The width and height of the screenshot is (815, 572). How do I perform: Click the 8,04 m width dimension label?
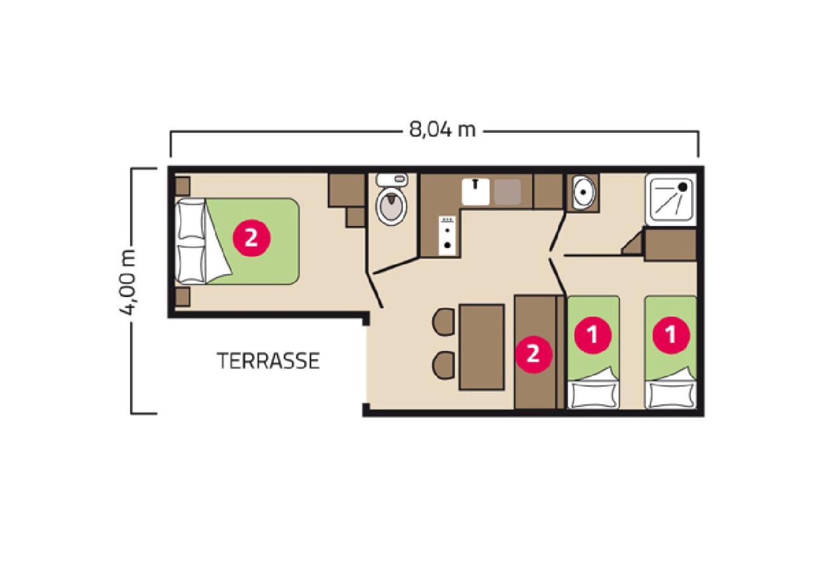(442, 130)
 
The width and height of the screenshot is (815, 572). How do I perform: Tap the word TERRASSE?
(269, 361)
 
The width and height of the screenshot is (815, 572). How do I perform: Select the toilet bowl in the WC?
(391, 206)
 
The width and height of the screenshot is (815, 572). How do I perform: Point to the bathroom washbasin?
(583, 192)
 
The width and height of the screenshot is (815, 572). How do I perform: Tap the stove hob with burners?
(447, 236)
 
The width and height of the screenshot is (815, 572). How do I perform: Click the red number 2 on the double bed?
(252, 238)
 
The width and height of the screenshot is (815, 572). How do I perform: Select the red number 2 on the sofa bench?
(534, 354)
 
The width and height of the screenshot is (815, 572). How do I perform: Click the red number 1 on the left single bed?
(593, 335)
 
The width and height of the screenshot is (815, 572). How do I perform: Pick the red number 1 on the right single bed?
(671, 335)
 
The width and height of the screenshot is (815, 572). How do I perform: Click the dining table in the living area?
(482, 347)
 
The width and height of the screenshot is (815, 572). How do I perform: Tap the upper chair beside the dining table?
(444, 321)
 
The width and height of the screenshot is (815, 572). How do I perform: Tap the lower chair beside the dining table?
(444, 365)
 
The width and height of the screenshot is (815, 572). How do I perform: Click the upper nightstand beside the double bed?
(182, 186)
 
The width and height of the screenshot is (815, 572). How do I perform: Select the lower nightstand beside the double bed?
(182, 297)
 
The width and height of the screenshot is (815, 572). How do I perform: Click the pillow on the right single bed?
(671, 395)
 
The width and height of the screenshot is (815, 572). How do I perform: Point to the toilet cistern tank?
(392, 179)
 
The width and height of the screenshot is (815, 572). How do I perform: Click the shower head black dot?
(684, 187)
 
